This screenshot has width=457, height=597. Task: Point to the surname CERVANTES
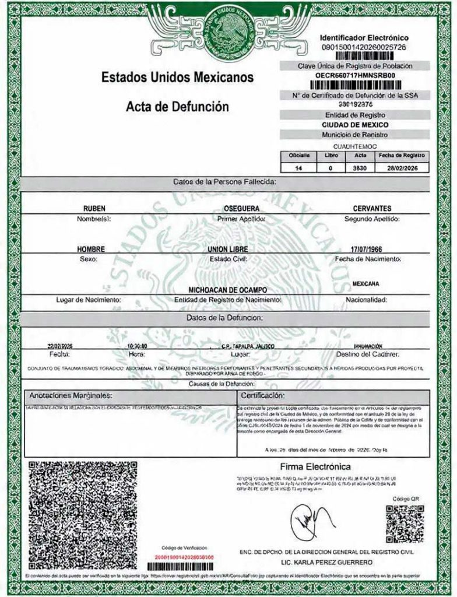pyautogui.click(x=372, y=209)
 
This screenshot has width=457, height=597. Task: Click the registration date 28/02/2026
pyautogui.click(x=403, y=168)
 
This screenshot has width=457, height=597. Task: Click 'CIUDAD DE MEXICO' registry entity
pyautogui.click(x=355, y=125)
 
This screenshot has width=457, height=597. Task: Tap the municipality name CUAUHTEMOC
pyautogui.click(x=355, y=146)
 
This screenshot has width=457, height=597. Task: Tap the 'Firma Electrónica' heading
pyautogui.click(x=315, y=467)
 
